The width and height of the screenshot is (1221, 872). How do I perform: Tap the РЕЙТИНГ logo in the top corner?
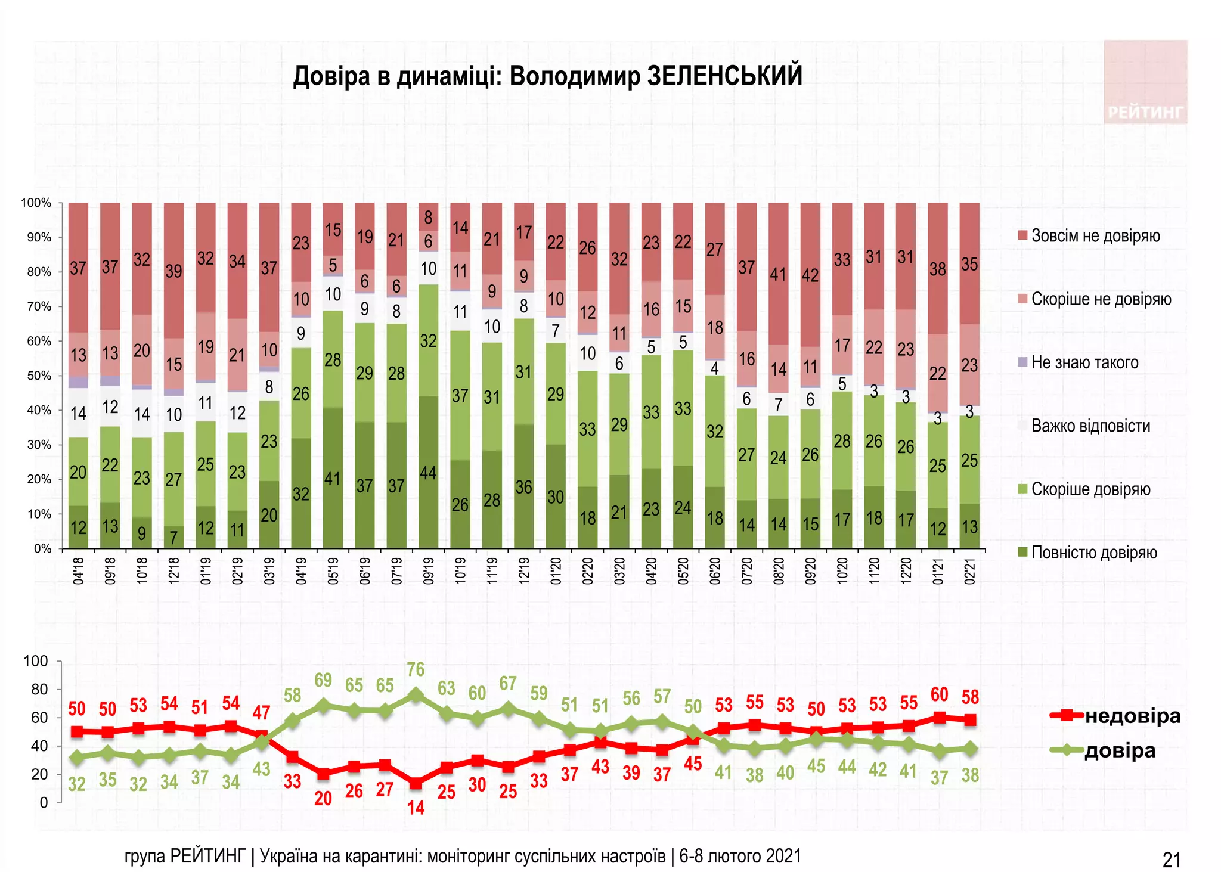(x=1145, y=112)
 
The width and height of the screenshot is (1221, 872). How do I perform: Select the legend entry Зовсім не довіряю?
(x=1095, y=235)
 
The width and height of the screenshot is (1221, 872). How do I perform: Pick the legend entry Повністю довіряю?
(x=1093, y=553)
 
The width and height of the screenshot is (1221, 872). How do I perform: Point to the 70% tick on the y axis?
(x=39, y=306)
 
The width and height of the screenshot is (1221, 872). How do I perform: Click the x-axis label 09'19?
(x=429, y=571)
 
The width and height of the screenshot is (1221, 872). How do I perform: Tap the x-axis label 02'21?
(x=970, y=571)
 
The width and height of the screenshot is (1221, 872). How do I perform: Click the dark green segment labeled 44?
(x=429, y=473)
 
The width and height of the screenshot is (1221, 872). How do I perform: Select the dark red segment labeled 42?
(x=810, y=275)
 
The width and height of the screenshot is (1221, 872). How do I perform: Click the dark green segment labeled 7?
(x=173, y=538)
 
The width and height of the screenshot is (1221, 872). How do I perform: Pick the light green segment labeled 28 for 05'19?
(x=333, y=359)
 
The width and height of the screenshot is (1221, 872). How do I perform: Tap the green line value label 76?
(x=416, y=669)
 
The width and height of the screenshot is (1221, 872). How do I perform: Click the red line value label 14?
(x=416, y=808)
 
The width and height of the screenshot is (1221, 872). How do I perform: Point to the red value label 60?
(x=939, y=694)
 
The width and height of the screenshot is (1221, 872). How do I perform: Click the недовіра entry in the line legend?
(x=1132, y=716)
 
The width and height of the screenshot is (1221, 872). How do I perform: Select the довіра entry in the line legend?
(x=1120, y=750)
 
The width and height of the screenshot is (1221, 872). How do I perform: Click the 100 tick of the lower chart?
(x=36, y=661)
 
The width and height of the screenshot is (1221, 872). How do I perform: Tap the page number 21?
(x=1172, y=859)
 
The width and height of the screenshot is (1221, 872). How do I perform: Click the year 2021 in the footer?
(x=783, y=856)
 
